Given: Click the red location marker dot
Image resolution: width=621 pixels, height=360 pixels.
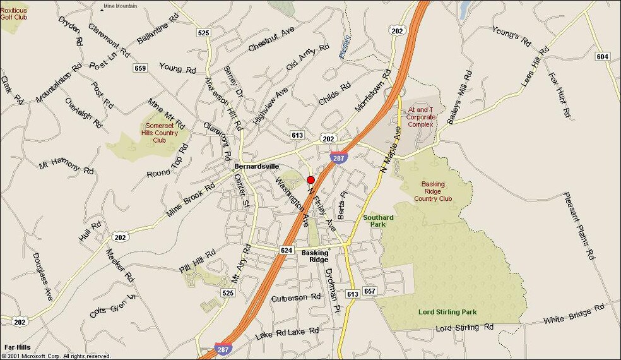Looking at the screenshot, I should [310, 180].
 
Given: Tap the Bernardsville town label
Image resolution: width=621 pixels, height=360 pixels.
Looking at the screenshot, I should [256, 166].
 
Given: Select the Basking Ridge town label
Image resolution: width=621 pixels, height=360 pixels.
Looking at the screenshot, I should [315, 256].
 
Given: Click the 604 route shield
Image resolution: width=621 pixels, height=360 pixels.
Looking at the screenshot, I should [603, 57].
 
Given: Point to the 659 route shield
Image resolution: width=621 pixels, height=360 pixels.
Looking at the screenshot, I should [140, 68].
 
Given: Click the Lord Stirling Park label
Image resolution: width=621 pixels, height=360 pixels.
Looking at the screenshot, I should [447, 312].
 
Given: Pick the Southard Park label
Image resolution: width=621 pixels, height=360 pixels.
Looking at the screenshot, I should [378, 220].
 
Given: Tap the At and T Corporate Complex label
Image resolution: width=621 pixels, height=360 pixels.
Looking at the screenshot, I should [420, 117].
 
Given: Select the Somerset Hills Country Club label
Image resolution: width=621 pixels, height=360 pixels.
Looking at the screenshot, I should [159, 133].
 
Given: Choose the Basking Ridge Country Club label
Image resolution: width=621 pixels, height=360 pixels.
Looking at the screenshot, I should [433, 191].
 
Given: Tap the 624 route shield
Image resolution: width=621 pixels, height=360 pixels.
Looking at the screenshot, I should [287, 250].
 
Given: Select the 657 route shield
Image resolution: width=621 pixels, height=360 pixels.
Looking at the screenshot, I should [370, 291].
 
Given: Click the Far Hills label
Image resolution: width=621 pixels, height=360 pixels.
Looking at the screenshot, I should [17, 347].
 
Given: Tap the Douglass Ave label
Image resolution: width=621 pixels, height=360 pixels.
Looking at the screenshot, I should [42, 277].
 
